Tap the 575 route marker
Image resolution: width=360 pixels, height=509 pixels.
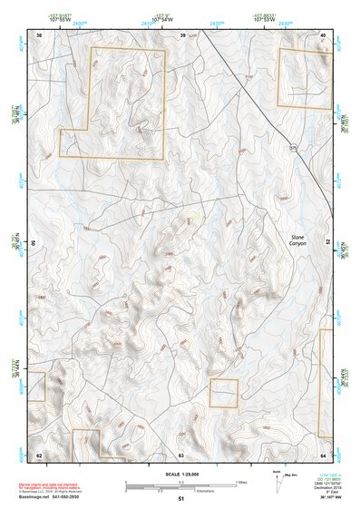293,146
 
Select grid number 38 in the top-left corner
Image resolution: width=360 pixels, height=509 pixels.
39,35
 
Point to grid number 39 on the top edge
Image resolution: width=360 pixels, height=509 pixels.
182,35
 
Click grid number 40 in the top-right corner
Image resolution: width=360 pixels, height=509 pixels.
324,35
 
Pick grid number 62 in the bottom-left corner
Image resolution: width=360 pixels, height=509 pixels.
39,454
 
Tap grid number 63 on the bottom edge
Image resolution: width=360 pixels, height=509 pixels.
181,454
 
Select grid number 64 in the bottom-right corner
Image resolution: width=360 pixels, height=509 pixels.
324,454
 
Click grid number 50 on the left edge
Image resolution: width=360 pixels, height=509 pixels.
34,244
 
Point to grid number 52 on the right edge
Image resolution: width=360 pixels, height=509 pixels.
328,244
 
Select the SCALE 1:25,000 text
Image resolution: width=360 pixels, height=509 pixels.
181,475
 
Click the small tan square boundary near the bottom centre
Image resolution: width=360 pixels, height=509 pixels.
223,393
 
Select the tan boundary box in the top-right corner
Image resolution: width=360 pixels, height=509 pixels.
305,78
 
